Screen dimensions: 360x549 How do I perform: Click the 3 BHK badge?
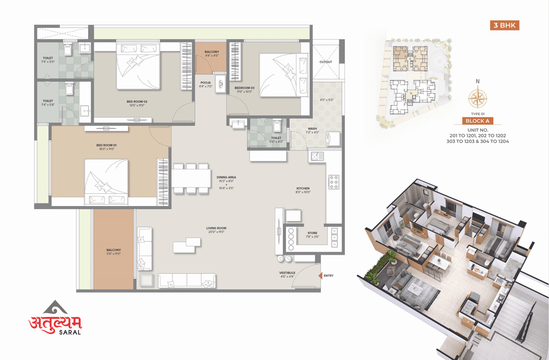click(504, 25)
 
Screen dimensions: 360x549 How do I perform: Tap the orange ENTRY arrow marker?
click(320, 276)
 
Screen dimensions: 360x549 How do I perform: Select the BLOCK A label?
click(477, 121)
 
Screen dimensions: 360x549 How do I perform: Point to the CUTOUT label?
click(326, 62)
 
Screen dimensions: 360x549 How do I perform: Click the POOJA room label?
click(205, 83)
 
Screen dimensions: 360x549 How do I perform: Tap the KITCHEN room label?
click(303, 188)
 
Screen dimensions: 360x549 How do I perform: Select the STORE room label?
click(312, 233)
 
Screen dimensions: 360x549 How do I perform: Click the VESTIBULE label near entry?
click(287, 273)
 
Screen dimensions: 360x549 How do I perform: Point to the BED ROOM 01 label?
click(106, 145)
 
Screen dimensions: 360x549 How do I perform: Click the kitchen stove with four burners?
click(334, 181)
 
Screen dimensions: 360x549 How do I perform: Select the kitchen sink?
click(317, 156)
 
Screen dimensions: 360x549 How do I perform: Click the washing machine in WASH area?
click(334, 138)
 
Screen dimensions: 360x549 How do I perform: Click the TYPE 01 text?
click(477, 114)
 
